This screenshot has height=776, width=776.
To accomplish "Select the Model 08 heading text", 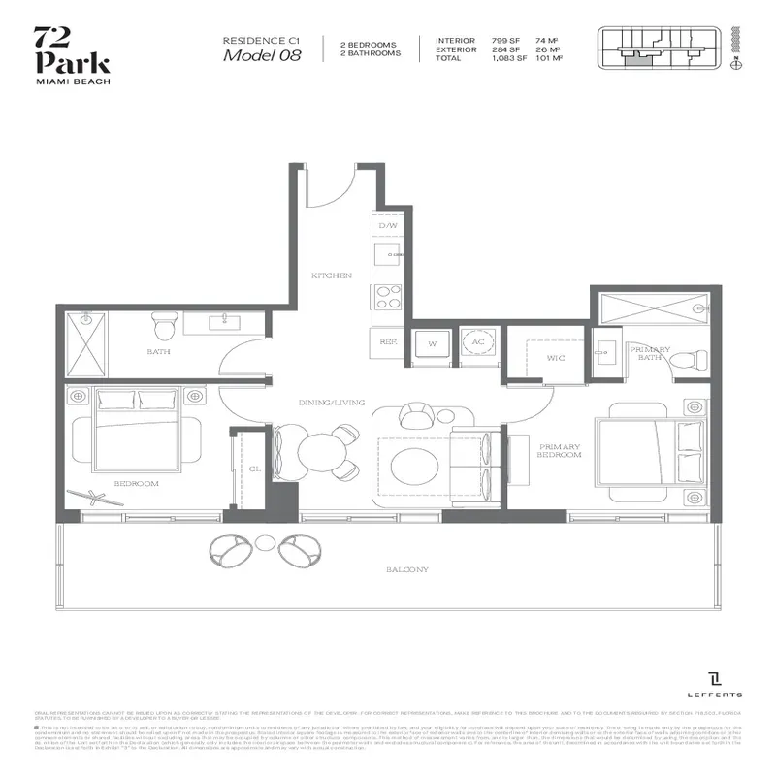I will (x=261, y=55).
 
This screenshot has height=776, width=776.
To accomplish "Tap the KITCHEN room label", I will (x=331, y=276).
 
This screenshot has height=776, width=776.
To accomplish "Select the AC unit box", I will (x=478, y=342).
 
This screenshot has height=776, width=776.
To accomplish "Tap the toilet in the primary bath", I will (x=690, y=357).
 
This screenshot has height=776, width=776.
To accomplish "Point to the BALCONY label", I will (x=407, y=569).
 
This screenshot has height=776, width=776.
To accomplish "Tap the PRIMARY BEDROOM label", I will (x=561, y=449).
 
